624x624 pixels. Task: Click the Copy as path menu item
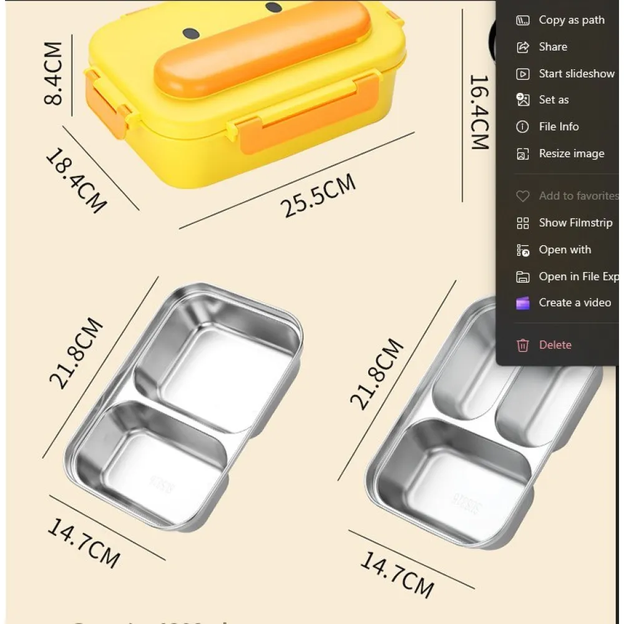[571, 20]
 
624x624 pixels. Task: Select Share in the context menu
[552, 47]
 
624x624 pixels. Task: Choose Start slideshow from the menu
[576, 74]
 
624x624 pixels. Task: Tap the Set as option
[553, 100]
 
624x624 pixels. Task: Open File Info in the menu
[558, 127]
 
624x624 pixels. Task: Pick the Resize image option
[571, 154]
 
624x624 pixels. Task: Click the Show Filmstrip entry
[575, 223]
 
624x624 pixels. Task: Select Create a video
[574, 303]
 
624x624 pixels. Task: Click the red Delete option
[555, 345]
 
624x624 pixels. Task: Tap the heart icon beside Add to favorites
[523, 196]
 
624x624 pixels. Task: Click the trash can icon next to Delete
[523, 345]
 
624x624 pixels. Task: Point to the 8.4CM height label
[54, 74]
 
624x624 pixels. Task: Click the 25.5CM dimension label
[318, 195]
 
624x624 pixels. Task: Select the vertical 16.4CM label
[479, 112]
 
